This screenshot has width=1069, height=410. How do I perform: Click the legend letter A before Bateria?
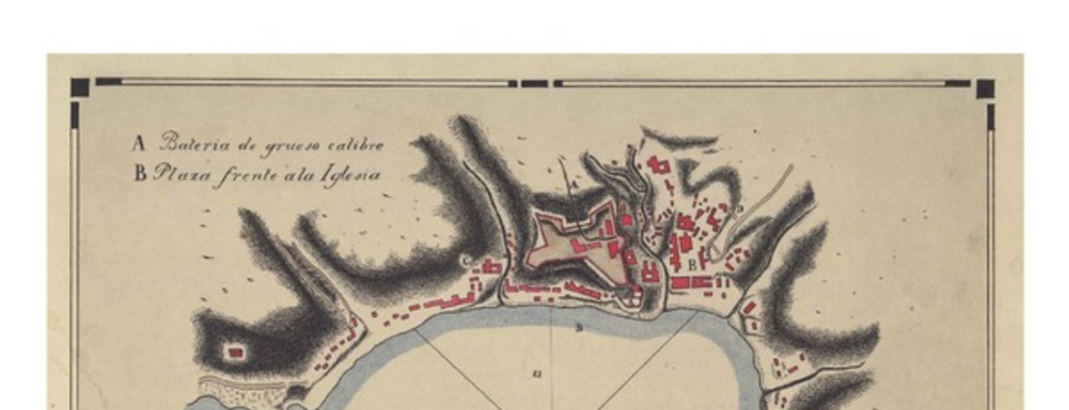[139, 144]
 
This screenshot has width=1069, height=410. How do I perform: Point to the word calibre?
[351, 144]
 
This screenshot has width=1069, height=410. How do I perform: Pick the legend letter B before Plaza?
[140, 173]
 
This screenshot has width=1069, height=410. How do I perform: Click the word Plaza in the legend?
[179, 173]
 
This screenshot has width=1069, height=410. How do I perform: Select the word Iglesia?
[349, 174]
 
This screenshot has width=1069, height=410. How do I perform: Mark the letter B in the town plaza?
[694, 264]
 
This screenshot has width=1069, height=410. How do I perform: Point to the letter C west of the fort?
[467, 261]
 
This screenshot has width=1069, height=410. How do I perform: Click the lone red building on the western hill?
[236, 351]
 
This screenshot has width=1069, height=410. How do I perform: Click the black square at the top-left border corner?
[80, 87]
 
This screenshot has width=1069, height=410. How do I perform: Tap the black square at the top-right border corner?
[984, 87]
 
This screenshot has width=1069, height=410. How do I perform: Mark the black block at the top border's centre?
[534, 84]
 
